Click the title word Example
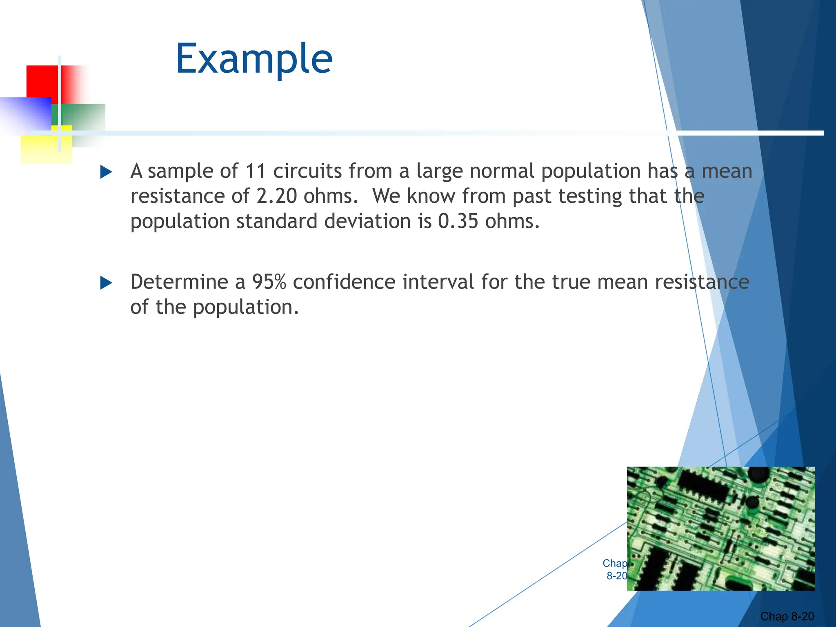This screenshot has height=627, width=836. coord(254,59)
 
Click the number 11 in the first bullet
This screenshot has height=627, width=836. coord(256,171)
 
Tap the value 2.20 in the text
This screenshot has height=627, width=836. coord(276,196)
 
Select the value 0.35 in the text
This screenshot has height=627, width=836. coord(458,222)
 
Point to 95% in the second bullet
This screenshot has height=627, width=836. coord(269,282)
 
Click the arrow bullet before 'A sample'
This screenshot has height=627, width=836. coord(106,172)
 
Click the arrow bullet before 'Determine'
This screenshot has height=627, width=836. coord(106,282)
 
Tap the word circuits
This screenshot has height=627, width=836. coord(307,171)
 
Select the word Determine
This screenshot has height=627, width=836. coord(179,282)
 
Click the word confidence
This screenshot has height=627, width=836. coord(344,282)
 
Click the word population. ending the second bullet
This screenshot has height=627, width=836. coord(246,308)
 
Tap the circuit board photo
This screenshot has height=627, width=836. coord(721,528)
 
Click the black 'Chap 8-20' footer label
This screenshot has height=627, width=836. coord(787,616)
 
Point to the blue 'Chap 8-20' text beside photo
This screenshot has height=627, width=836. coord(615,569)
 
